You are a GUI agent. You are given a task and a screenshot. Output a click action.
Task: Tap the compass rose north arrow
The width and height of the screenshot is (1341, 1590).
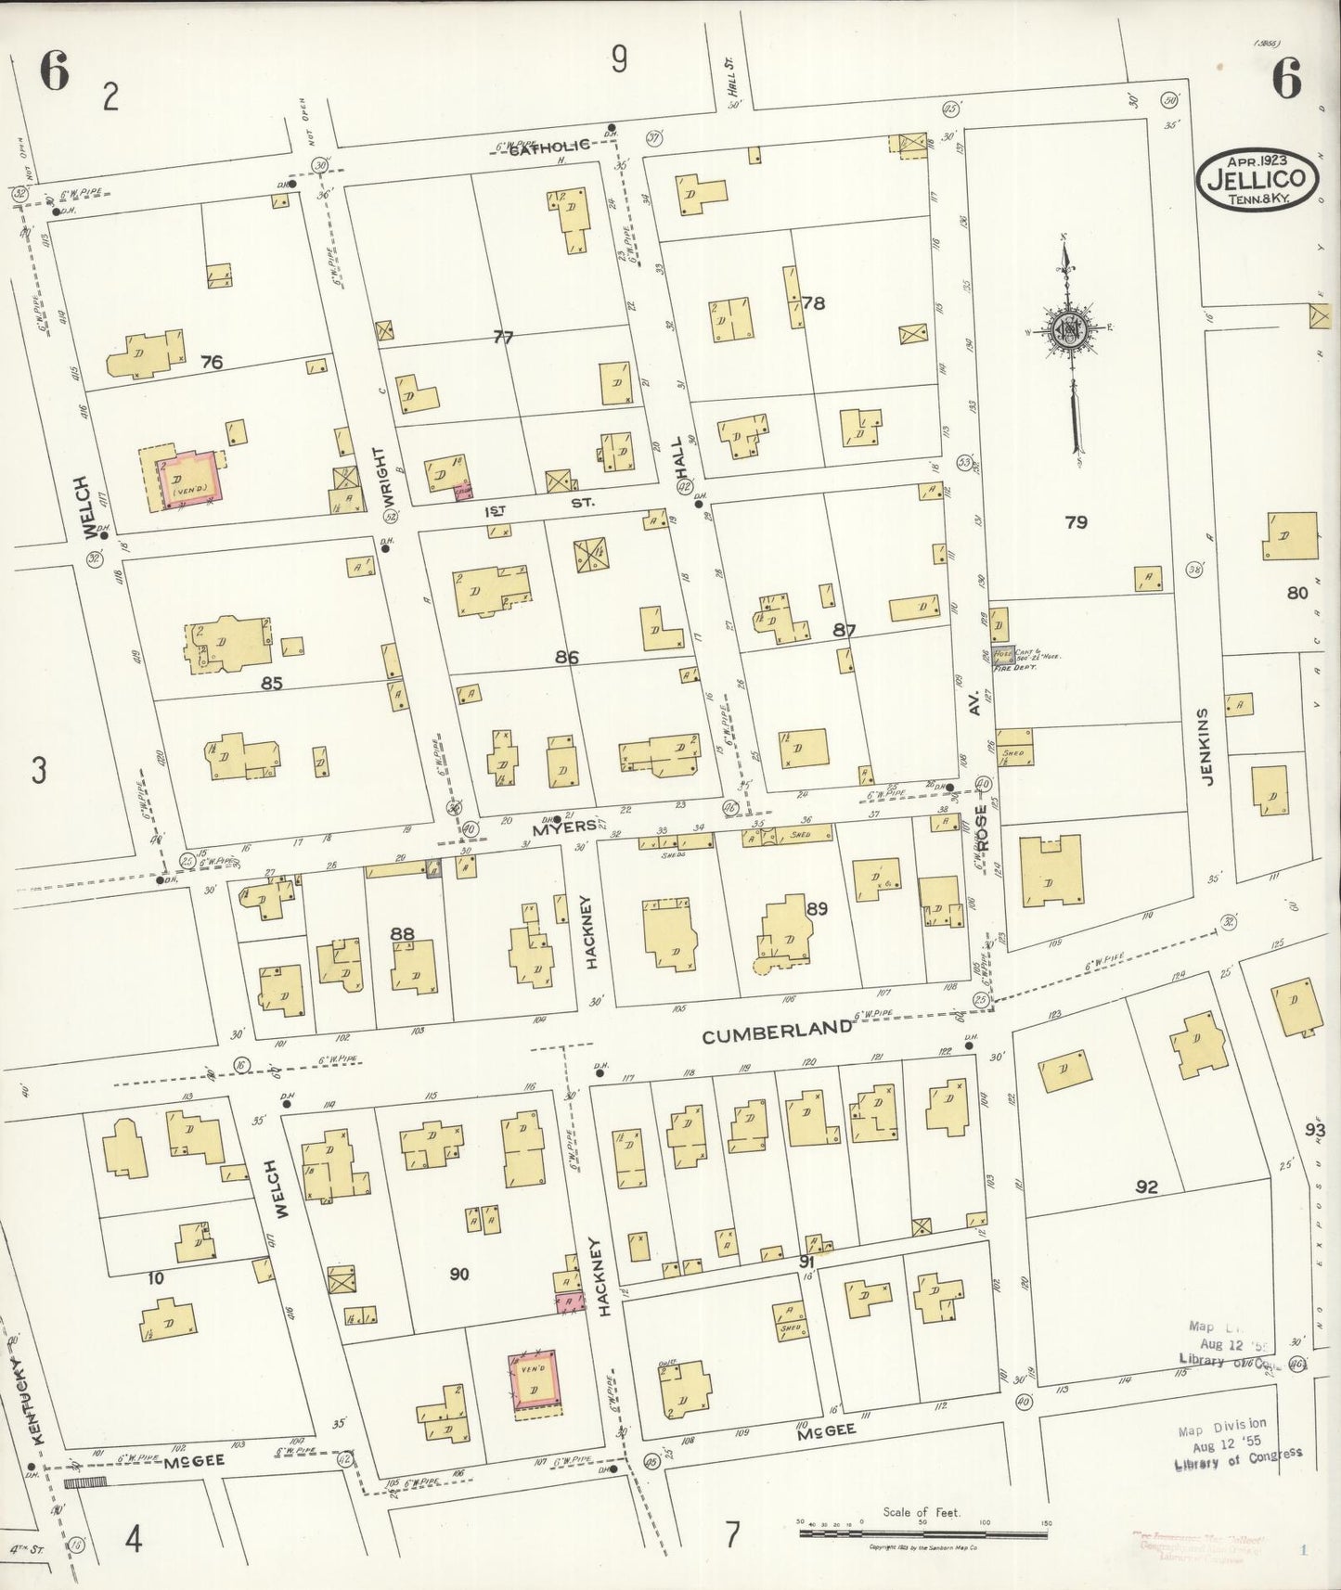tap(1068, 329)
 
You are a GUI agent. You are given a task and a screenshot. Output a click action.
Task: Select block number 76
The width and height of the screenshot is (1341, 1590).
tap(212, 362)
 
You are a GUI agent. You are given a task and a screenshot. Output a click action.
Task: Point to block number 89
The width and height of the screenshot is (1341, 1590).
tap(817, 908)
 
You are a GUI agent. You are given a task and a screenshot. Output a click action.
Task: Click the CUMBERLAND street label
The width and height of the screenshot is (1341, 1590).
tap(777, 1032)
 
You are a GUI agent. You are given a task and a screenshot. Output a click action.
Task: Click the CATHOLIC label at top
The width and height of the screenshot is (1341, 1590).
tap(549, 146)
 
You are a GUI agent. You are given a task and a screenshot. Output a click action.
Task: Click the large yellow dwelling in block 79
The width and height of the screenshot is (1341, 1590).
tap(1051, 872)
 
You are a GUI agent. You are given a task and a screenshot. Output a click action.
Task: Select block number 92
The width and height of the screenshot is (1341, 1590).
tap(1147, 1186)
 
